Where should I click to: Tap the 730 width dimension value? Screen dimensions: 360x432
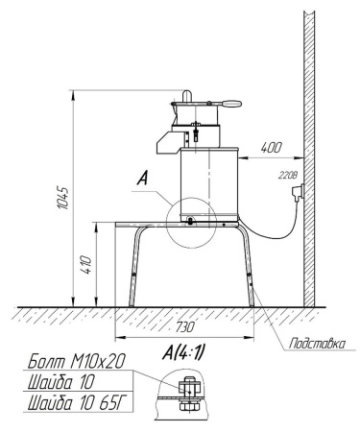184,327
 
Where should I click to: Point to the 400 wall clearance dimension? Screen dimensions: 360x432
272,148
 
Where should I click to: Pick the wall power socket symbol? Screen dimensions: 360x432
298,192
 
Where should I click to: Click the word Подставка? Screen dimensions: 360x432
317,344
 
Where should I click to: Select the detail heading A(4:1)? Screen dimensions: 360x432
183,353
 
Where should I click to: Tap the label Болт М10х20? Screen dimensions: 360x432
76,362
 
